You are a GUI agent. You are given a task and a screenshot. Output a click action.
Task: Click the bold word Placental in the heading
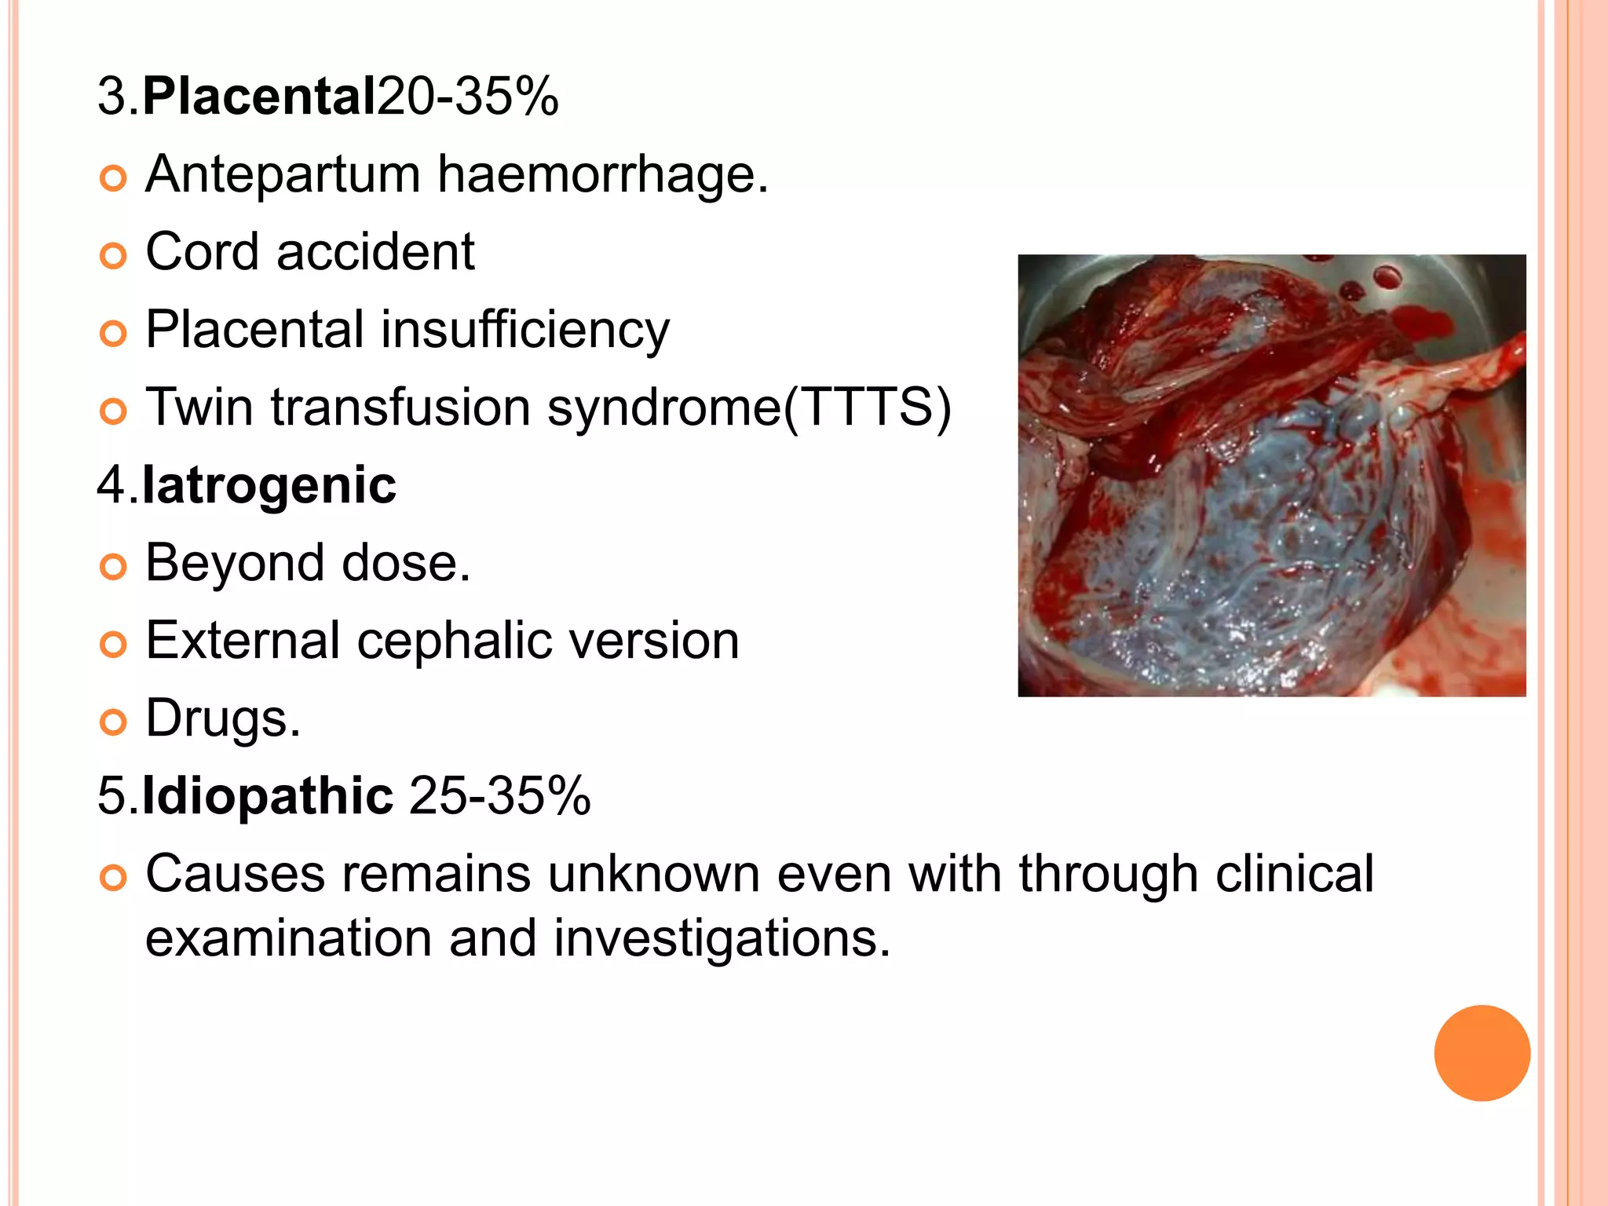coord(259,97)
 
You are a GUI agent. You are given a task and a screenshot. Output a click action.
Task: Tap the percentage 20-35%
coord(468,97)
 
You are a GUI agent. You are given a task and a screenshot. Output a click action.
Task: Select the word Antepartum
coord(283,174)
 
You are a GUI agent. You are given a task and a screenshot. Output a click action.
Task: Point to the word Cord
coord(202,252)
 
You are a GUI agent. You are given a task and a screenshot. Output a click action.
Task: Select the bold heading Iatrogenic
coord(269,485)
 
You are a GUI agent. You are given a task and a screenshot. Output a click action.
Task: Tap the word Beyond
coord(235,563)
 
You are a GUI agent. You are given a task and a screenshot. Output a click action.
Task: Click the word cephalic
coord(455,641)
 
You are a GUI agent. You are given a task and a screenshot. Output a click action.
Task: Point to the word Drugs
coord(222,718)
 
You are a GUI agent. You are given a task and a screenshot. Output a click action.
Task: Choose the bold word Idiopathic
coord(267,796)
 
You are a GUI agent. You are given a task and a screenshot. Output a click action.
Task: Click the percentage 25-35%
coord(500,796)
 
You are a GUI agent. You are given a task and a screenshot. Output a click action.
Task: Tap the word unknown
coord(653,874)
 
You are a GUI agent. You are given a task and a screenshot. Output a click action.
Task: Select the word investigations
coord(722,938)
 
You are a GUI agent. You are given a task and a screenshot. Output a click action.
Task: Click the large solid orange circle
coord(1482,1053)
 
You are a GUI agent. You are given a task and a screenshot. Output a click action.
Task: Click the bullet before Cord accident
coord(114,256)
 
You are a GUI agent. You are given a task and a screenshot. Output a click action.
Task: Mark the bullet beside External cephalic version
coord(114,645)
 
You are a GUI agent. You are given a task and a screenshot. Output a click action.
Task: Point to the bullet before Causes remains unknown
coord(114,878)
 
